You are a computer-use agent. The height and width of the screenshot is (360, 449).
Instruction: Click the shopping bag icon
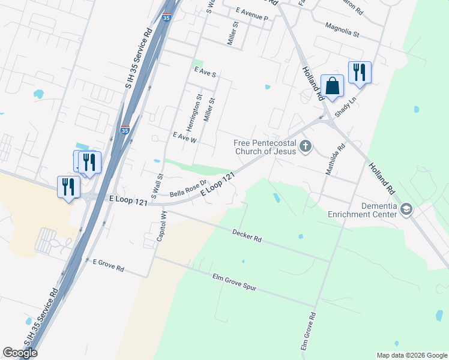pos(332,86)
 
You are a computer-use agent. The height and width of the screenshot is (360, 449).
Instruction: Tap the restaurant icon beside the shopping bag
pos(359,73)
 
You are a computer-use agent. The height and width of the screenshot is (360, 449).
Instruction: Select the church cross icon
pos(306,146)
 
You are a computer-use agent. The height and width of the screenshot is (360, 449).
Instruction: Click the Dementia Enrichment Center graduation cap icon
pos(407,209)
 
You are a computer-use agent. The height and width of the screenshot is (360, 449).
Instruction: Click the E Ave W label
pos(184,137)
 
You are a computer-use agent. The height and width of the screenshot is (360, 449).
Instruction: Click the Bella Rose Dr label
pos(188,189)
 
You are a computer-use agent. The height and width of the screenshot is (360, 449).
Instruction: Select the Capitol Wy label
pos(161,225)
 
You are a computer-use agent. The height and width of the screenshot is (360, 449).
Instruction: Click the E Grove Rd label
pos(108,264)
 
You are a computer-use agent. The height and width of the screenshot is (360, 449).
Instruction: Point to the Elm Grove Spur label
pos(234,282)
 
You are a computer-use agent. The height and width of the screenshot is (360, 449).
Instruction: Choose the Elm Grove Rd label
pos(308,331)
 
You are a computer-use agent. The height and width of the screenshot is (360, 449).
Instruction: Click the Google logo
pos(20,353)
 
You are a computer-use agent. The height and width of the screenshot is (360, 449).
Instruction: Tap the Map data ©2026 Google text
pos(412,355)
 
